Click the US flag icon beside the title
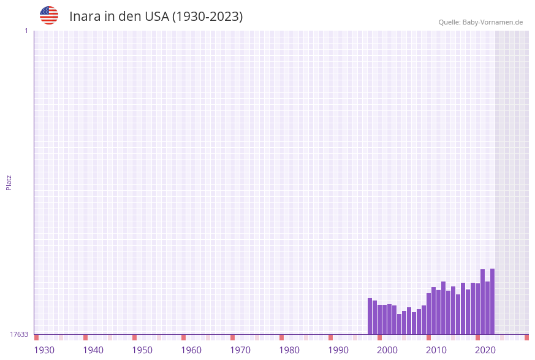(x=49, y=15)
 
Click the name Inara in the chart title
(x=84, y=17)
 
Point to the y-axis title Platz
(x=9, y=182)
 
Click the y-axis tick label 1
(x=26, y=31)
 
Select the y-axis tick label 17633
(x=19, y=334)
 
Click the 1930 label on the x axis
(x=44, y=350)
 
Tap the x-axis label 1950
(x=142, y=350)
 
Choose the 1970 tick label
(x=240, y=350)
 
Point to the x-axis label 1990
(x=338, y=350)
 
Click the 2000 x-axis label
(x=387, y=350)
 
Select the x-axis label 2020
(x=485, y=350)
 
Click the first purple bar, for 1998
(x=370, y=316)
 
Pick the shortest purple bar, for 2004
(x=400, y=324)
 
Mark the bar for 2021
(x=483, y=302)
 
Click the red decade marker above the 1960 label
(x=183, y=337)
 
